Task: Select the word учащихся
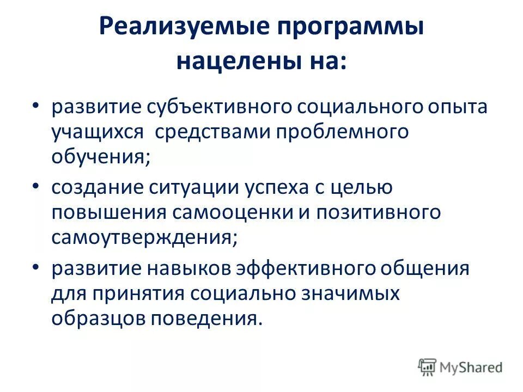click(x=98, y=133)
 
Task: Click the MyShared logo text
click(x=471, y=367)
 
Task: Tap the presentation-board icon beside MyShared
click(x=428, y=367)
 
